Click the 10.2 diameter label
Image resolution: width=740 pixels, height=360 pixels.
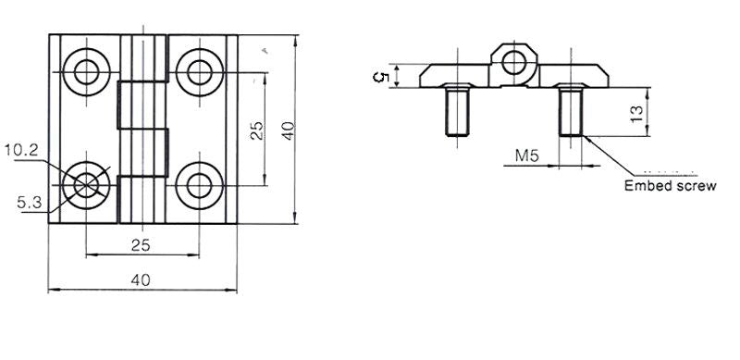[x=21, y=151]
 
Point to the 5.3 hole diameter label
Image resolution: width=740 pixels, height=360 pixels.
[x=30, y=204]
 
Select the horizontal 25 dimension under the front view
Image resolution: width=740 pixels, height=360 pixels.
[x=141, y=245]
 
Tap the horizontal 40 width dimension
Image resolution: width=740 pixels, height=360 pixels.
[x=141, y=280]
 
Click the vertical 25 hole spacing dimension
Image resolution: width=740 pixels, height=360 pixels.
[x=257, y=130]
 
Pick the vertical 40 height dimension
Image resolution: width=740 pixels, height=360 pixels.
[x=288, y=130]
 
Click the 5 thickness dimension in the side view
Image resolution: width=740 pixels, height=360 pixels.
[x=381, y=77]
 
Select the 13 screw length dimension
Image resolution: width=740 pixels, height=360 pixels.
[x=636, y=115]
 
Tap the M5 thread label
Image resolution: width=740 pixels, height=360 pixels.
[x=526, y=155]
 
